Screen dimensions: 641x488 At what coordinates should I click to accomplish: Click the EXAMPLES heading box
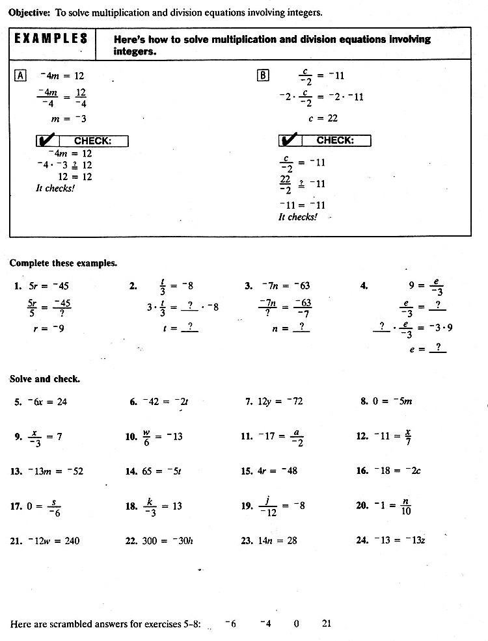coord(51,39)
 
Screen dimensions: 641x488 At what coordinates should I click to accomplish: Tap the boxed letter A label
coord(20,75)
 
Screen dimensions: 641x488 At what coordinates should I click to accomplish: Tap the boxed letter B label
coord(263,75)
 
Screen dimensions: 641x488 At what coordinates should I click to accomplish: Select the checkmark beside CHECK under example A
coord(47,140)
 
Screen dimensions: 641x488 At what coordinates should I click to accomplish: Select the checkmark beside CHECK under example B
coord(290,140)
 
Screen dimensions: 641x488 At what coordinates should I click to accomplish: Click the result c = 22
coord(323,118)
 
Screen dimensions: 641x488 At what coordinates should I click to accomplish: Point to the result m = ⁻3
coord(69,119)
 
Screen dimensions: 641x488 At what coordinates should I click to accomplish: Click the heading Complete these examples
coord(63,263)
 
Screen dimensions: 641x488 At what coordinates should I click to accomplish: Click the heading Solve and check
coord(45,378)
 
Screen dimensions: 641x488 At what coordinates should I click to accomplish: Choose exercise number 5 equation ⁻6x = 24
coord(47,402)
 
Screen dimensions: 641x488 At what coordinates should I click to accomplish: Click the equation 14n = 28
coord(278,541)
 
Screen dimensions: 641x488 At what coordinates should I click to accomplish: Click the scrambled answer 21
coord(326,624)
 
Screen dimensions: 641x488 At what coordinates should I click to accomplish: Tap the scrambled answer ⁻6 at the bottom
coord(230,624)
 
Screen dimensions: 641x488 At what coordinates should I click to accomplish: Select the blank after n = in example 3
coord(301,329)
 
